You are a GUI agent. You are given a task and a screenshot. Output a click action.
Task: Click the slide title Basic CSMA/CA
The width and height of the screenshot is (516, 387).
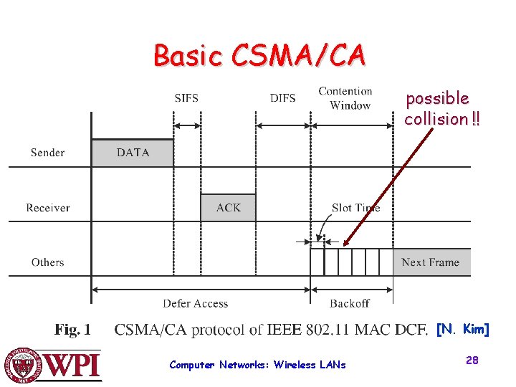click(259, 55)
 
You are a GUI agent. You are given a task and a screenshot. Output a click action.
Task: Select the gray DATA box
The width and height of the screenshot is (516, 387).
click(133, 153)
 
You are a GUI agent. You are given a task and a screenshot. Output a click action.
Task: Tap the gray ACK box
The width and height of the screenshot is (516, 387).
click(228, 208)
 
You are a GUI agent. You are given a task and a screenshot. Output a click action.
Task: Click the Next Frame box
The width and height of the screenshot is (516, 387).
click(431, 262)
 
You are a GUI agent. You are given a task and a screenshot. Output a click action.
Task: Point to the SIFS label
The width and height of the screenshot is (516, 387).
click(186, 98)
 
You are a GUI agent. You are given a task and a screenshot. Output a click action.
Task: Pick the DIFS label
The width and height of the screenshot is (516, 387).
click(282, 98)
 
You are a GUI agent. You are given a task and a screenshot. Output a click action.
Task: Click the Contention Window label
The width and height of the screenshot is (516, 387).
click(345, 98)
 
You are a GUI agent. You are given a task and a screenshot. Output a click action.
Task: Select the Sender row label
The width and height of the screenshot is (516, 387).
click(47, 153)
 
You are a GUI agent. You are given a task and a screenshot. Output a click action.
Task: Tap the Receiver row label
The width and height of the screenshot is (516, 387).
click(48, 208)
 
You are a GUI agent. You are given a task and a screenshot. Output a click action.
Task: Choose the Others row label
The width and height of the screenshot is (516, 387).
click(48, 262)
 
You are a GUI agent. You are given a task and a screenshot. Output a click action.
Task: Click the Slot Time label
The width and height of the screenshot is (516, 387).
click(355, 208)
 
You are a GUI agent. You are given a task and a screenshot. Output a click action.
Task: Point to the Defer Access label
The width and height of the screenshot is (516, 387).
click(195, 303)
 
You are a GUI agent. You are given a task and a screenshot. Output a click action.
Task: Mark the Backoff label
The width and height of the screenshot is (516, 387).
click(350, 303)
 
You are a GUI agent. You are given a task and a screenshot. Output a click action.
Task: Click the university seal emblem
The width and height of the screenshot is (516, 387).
click(22, 365)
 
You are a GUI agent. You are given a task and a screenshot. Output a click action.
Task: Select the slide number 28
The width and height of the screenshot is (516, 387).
click(472, 360)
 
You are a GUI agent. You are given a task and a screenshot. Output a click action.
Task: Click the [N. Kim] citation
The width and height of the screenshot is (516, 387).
click(462, 330)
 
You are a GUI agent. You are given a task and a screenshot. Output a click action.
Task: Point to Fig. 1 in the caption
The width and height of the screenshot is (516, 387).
click(73, 330)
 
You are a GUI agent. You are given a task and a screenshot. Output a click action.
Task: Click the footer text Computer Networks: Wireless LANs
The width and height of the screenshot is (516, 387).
click(257, 365)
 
